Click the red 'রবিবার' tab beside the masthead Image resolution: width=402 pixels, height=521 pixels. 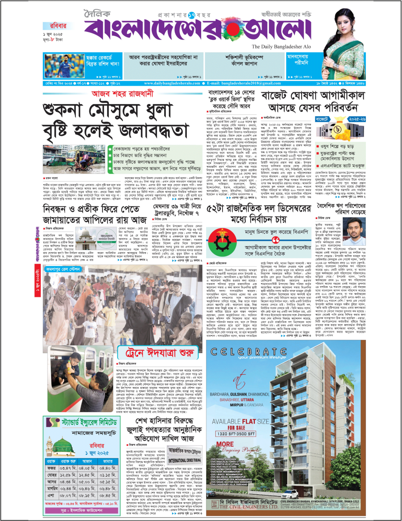57,25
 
